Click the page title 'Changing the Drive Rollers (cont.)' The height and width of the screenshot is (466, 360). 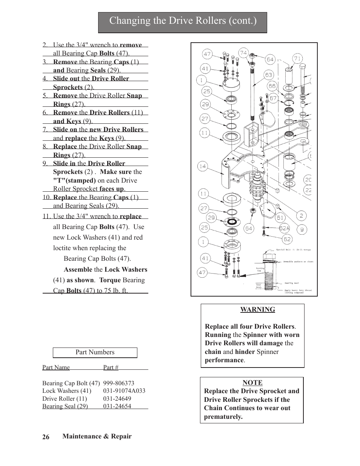point(183,21)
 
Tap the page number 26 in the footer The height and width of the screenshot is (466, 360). point(46,437)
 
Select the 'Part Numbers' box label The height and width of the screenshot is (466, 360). point(95,352)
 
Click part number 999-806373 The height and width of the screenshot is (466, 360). point(118,383)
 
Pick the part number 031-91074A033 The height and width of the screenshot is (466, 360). point(124,391)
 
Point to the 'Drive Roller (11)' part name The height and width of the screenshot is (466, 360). point(65,398)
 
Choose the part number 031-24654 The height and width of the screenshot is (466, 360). point(117,406)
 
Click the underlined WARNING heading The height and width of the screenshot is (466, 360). point(258,309)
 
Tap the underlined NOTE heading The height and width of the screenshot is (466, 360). point(252,383)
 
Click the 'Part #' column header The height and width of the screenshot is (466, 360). point(111,367)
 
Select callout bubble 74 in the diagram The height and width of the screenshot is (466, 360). point(243,53)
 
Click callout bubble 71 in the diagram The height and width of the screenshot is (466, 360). point(297,58)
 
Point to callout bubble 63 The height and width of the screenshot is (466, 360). point(269,75)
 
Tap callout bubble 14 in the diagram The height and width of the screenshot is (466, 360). point(203,166)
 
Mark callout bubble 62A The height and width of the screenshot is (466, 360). point(285,228)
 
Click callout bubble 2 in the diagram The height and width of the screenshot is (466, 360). point(301,216)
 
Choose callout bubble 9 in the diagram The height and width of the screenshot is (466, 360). point(302,229)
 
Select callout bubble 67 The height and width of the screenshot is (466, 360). point(273,98)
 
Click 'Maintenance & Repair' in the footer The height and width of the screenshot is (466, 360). point(97,436)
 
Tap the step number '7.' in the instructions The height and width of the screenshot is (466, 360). point(45,129)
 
